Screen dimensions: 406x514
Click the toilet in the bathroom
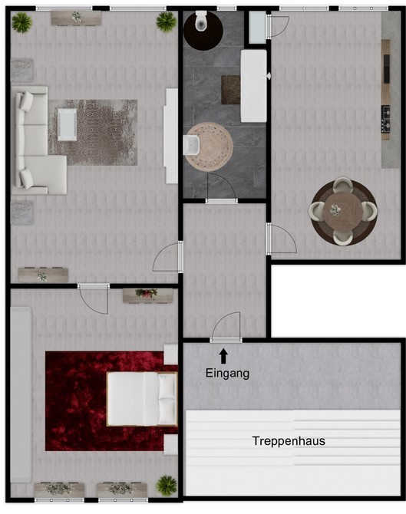click(201, 21)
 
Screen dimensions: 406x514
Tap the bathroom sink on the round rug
click(192, 145)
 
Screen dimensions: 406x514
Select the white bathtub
click(254, 86)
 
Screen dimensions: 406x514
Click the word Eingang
click(227, 374)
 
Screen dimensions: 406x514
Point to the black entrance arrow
click(223, 356)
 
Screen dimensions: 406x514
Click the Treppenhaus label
click(289, 441)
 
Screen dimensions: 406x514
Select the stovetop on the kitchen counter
click(386, 119)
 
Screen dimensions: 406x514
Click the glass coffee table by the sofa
click(68, 124)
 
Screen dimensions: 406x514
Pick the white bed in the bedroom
click(142, 399)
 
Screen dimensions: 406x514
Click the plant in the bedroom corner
click(167, 486)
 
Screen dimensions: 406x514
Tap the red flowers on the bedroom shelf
click(146, 293)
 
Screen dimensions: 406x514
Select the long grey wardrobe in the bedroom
click(21, 394)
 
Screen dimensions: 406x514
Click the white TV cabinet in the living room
click(171, 136)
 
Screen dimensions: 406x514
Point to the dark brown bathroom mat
click(230, 90)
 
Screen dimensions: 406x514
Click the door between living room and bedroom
click(94, 298)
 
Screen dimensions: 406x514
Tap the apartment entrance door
click(226, 327)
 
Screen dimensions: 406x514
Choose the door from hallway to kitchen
click(280, 239)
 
